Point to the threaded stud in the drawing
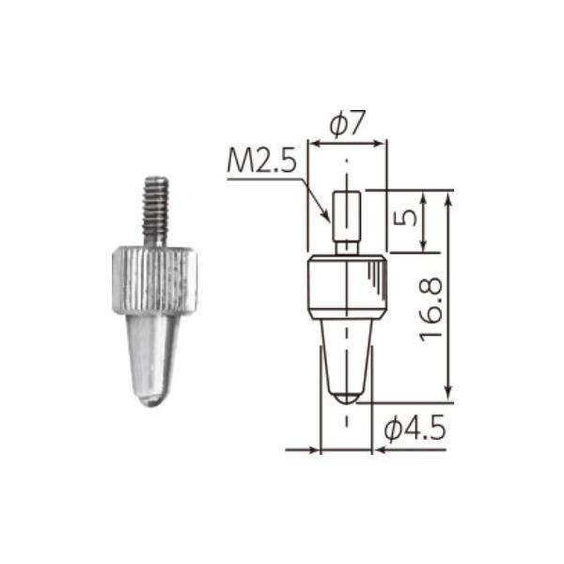point(347,215)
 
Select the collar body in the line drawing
point(347,288)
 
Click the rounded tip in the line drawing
point(347,396)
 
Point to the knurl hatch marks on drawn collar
point(375,280)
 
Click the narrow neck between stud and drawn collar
point(347,249)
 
